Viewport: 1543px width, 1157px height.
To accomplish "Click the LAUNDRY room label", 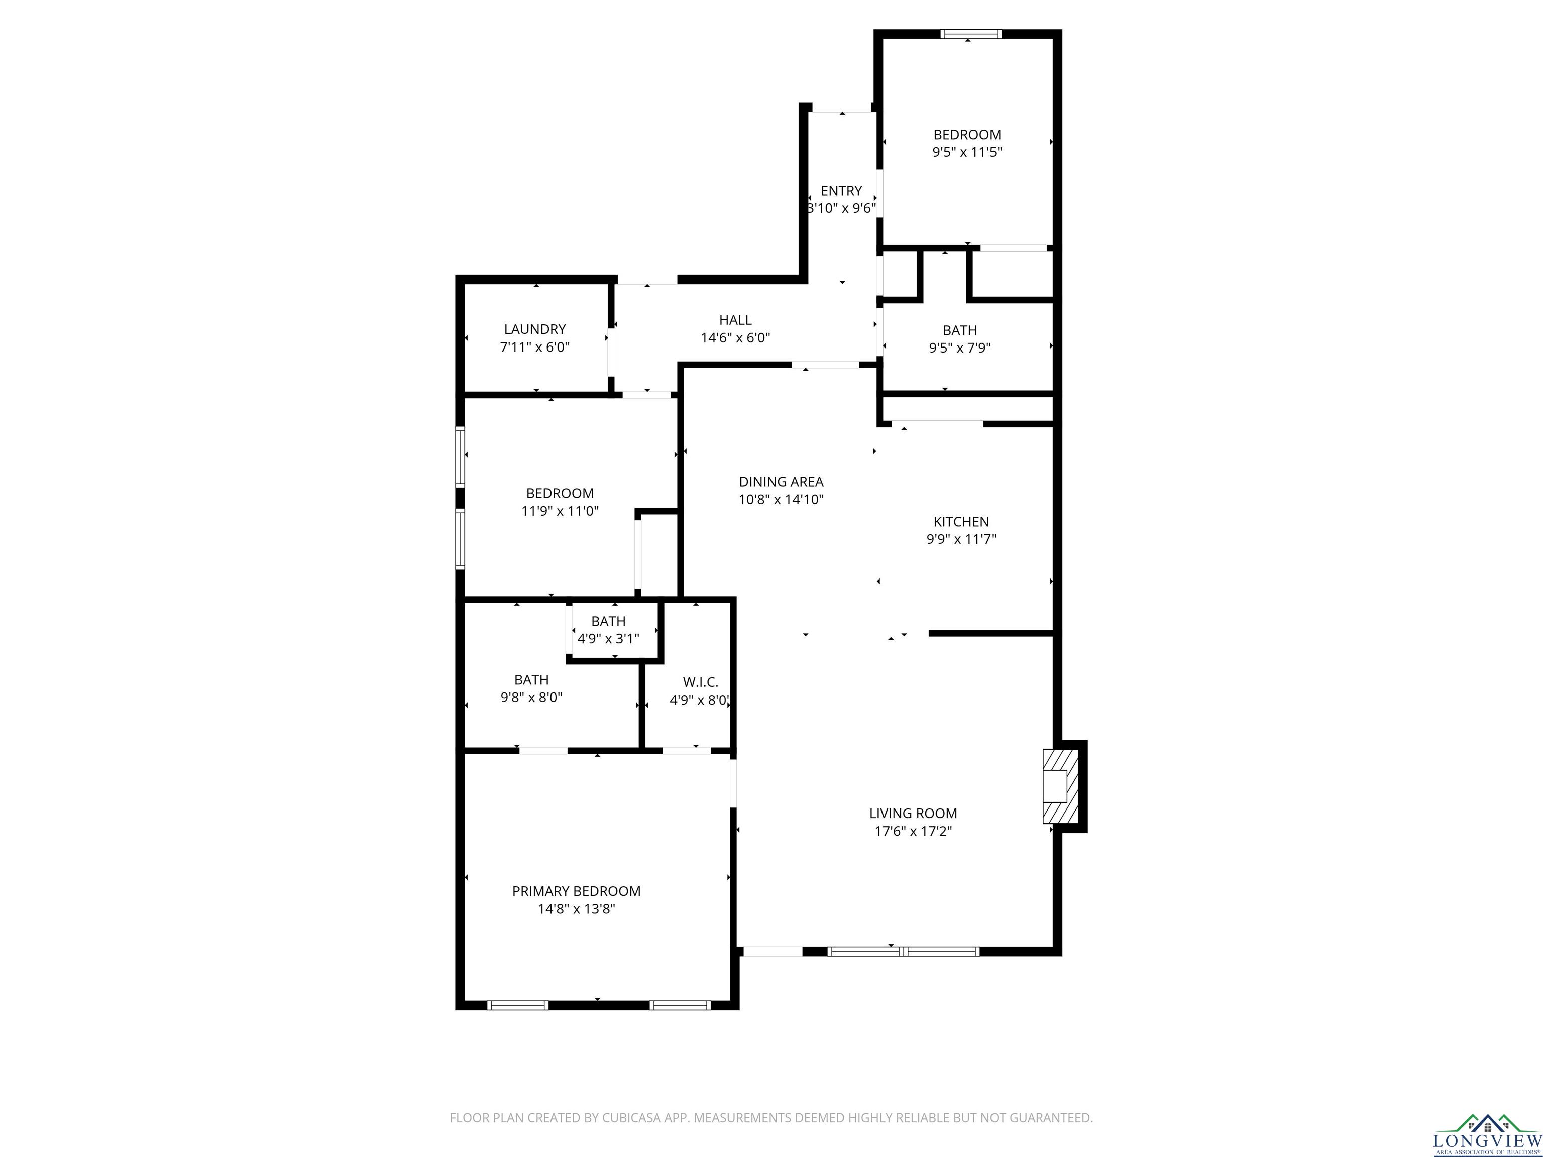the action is point(535,329).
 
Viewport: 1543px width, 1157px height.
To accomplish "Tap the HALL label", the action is point(735,320).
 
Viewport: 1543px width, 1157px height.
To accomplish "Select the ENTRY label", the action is point(841,190).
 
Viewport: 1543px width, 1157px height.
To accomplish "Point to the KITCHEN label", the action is point(961,522).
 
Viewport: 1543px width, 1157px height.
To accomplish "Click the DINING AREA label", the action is point(781,481).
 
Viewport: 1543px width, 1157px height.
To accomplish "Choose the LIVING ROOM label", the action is point(913,813).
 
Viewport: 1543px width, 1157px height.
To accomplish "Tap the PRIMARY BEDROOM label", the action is point(576,891).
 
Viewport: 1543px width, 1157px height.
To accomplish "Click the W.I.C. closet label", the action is point(700,682).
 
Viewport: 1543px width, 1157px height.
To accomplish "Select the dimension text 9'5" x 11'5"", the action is point(967,152).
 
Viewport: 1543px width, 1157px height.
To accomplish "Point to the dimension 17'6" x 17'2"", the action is point(913,831).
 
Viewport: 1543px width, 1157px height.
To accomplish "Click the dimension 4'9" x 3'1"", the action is point(608,639).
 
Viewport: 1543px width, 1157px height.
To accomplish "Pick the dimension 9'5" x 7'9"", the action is point(960,348).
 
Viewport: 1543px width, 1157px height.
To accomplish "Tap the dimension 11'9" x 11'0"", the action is point(560,511).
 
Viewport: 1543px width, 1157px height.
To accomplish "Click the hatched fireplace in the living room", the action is point(1060,786).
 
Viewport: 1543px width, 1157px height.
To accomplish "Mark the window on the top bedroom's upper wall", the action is point(970,34).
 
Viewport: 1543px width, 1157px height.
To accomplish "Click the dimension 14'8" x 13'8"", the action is point(576,909).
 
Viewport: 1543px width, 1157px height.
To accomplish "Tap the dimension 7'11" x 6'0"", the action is point(535,346).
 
